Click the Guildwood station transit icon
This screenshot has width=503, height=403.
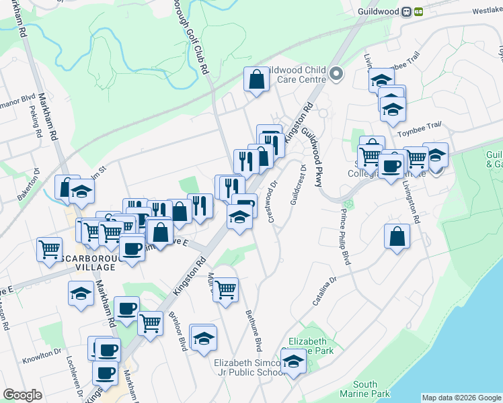(x=412, y=11)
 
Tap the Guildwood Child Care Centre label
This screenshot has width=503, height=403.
(x=296, y=75)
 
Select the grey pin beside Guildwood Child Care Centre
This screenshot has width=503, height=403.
(x=338, y=75)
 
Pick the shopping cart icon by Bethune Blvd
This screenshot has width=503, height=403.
(x=225, y=290)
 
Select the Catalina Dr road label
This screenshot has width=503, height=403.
(x=323, y=292)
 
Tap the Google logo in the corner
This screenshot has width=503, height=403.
(x=22, y=395)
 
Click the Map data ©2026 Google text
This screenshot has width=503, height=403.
(x=461, y=398)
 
